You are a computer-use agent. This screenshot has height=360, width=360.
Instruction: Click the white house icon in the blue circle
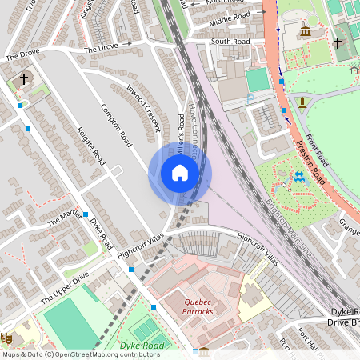180,173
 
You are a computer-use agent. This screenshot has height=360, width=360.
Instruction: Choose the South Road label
230,42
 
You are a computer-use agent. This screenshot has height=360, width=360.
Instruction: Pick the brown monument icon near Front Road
302,103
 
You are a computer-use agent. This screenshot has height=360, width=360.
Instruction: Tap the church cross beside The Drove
24,79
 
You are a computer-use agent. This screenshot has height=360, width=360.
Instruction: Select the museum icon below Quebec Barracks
204,352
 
